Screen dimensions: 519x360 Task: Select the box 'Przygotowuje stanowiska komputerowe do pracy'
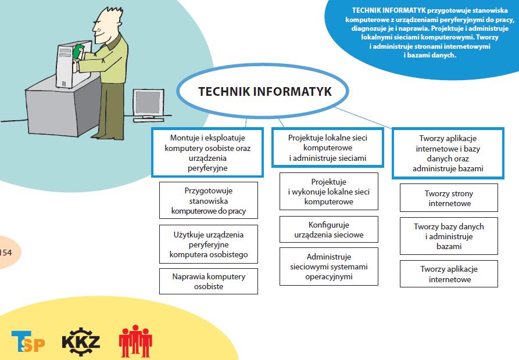(x=209, y=200)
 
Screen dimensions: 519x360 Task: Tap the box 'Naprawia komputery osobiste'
(x=209, y=281)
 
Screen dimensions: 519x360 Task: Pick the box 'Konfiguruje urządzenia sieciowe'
(x=329, y=229)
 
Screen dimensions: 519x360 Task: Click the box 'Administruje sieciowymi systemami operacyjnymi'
(x=329, y=267)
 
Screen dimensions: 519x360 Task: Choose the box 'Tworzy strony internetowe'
(x=449, y=197)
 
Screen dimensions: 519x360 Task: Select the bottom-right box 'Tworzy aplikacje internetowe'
(x=449, y=273)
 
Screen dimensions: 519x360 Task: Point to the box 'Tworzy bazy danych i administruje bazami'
(x=449, y=236)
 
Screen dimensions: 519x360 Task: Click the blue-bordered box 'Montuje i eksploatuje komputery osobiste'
(x=207, y=152)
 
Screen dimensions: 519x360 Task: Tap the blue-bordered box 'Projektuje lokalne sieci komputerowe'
(x=328, y=147)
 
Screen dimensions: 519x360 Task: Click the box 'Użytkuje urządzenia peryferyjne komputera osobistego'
(x=209, y=244)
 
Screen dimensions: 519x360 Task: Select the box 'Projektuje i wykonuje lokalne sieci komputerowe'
(x=329, y=192)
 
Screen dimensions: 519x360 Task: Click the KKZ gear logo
(x=81, y=341)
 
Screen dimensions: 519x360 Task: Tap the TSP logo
(x=28, y=341)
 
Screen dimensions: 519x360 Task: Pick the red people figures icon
(x=135, y=341)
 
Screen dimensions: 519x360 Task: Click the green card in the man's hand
(x=78, y=52)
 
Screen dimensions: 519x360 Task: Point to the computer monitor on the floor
(x=148, y=105)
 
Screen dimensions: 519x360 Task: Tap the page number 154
(x=6, y=253)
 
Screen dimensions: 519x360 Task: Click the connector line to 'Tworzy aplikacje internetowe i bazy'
(x=363, y=118)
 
